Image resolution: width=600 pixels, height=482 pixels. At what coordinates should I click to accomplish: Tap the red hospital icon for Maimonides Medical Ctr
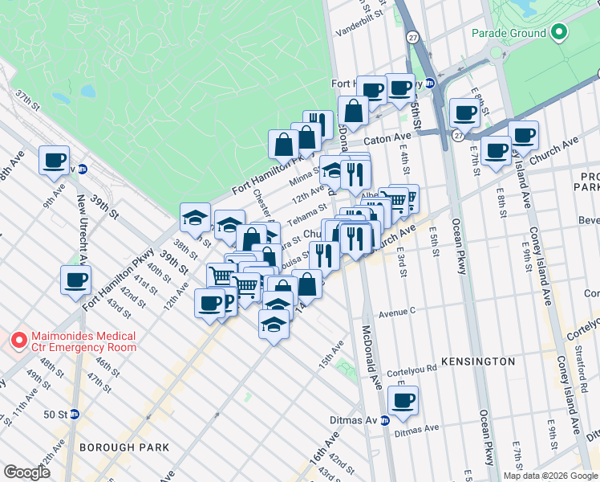click(x=18, y=341)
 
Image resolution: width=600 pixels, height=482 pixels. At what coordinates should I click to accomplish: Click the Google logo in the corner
click(x=26, y=473)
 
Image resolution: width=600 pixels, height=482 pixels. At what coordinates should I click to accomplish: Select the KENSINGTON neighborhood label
click(x=478, y=361)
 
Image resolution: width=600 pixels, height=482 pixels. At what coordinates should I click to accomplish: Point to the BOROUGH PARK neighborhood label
click(x=124, y=447)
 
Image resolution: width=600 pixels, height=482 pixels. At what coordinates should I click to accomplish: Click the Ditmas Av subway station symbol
click(x=384, y=420)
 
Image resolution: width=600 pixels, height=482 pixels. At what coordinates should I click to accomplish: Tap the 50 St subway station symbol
click(x=74, y=414)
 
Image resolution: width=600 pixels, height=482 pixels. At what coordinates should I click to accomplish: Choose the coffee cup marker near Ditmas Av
click(x=403, y=399)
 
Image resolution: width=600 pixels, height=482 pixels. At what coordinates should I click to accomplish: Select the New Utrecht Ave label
click(x=82, y=225)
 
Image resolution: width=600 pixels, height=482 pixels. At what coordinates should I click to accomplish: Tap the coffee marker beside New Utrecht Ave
click(x=76, y=280)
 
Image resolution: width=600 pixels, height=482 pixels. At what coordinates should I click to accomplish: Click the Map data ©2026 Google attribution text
click(x=549, y=476)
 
